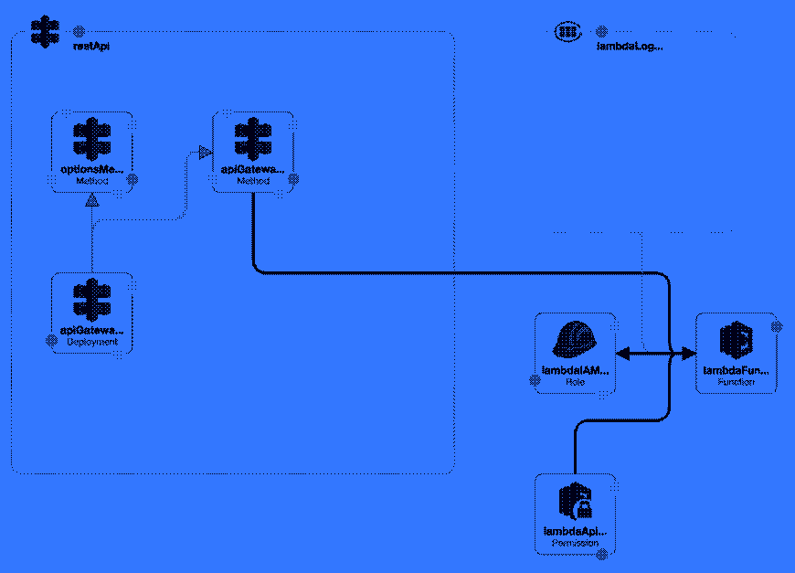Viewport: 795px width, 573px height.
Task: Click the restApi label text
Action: [x=91, y=46]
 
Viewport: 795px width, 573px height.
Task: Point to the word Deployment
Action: [x=92, y=342]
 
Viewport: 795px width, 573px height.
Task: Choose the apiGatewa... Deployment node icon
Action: [x=92, y=301]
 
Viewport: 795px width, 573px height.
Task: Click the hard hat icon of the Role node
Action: [x=576, y=341]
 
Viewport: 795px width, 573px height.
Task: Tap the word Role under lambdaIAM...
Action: [x=576, y=381]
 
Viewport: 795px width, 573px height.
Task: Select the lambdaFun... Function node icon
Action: [x=736, y=341]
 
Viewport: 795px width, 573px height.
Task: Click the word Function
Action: [x=736, y=382]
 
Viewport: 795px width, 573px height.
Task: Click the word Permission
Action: [x=575, y=543]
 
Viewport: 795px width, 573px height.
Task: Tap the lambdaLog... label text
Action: [x=630, y=46]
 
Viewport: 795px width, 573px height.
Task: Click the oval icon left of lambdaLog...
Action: [x=567, y=32]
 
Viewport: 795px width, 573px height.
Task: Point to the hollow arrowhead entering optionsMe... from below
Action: [x=91, y=201]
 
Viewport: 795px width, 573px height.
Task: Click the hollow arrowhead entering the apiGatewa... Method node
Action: [x=205, y=153]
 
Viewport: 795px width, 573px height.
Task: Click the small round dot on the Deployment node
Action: [x=52, y=341]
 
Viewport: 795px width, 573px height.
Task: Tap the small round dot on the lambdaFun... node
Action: [x=777, y=326]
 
